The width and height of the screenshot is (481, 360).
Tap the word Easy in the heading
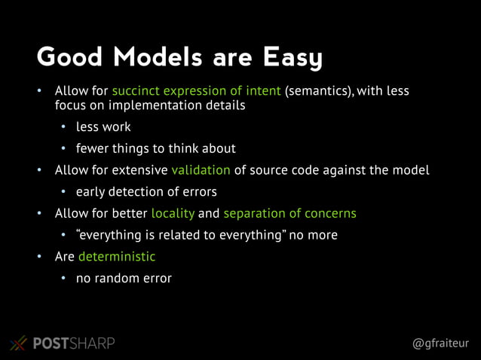(292, 57)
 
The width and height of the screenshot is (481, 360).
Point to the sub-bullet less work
(103, 127)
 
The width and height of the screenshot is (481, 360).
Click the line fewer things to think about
(155, 148)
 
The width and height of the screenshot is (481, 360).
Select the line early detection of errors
(146, 191)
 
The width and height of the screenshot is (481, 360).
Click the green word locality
(173, 213)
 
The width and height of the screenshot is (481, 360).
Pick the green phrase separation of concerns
(290, 213)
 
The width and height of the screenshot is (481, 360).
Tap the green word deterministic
(117, 257)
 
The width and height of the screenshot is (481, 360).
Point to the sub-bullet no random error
(124, 279)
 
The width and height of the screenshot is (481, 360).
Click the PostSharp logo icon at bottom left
(18, 343)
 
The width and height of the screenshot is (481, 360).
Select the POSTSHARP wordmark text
(74, 343)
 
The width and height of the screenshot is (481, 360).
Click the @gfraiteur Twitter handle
(440, 343)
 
